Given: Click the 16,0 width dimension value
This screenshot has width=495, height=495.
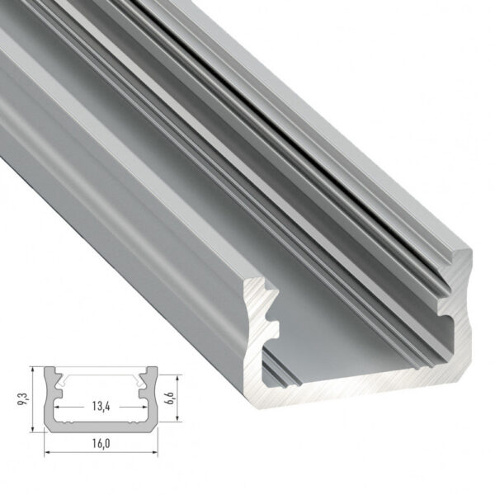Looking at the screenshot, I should pos(99,443).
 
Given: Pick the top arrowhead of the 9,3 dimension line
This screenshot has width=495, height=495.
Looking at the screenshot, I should pos(33,369).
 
